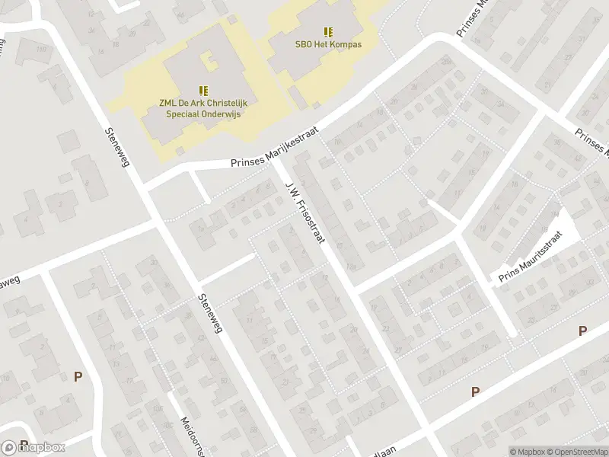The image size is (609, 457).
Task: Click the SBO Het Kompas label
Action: (x=328, y=44)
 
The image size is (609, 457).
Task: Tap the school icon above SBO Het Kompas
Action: (x=328, y=32)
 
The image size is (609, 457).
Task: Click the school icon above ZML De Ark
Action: (x=203, y=90)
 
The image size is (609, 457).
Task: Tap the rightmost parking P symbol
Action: (x=582, y=331)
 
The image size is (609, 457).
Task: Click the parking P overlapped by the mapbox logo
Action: (x=24, y=445)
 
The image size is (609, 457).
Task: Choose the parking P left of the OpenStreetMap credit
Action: (x=475, y=391)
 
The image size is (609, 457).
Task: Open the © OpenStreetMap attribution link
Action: (x=576, y=451)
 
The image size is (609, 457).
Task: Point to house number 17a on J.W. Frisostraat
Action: (x=349, y=267)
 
